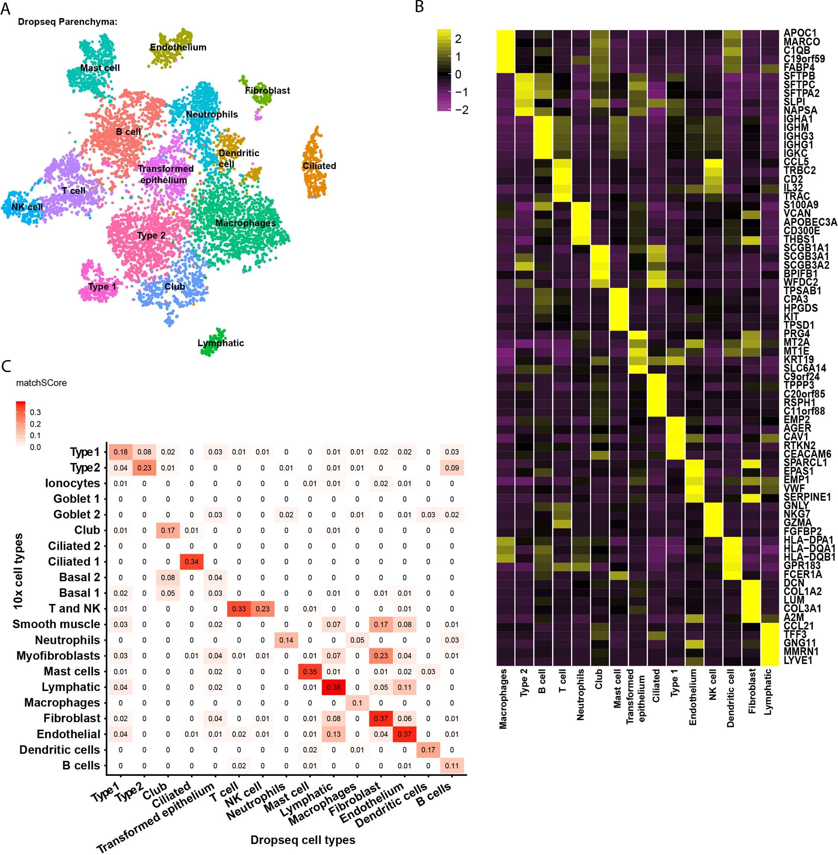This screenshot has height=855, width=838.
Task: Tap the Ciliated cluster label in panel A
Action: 319,166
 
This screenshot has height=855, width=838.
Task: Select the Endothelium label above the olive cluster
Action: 178,47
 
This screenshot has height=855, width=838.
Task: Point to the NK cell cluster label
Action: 27,207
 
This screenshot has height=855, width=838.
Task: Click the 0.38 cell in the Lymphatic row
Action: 333,687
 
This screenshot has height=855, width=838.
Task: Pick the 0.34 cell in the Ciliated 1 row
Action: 192,561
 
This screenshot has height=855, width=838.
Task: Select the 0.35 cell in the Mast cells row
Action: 310,671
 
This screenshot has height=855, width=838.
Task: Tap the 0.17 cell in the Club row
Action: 168,530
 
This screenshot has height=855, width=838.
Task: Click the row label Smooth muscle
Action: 56,624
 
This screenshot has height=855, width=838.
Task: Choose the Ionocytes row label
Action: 73,483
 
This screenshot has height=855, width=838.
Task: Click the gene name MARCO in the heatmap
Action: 802,42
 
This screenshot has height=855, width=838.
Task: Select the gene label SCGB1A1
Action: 806,248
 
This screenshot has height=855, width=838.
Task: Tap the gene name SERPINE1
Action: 807,497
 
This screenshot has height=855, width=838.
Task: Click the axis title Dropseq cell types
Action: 303,840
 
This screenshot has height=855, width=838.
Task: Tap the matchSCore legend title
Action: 41,383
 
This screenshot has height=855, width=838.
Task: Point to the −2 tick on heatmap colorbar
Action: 462,110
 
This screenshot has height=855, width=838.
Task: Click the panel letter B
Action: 419,7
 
